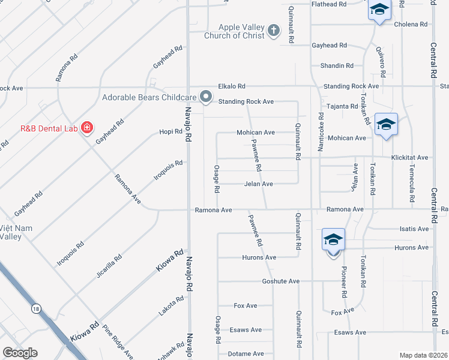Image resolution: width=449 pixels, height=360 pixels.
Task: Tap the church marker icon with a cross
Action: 274,31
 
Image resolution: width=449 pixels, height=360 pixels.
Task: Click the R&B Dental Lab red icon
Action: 87,128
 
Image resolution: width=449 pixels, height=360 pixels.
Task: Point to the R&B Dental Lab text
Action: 47,128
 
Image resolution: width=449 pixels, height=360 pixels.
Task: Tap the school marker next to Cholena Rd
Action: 379,10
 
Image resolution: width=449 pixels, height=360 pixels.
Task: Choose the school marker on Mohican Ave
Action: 385,125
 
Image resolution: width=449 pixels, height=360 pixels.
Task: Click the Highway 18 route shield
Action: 36,308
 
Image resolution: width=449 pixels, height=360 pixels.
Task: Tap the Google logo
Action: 20,353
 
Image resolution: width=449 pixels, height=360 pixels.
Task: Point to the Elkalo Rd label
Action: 232,86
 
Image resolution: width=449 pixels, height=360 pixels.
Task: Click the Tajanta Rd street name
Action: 342,107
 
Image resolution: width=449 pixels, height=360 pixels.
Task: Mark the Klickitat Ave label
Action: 409,158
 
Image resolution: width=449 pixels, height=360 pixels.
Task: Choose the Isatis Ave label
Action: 414,229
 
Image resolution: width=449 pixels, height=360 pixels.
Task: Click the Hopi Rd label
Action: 170,131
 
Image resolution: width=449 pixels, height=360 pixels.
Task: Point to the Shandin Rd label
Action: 337,66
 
